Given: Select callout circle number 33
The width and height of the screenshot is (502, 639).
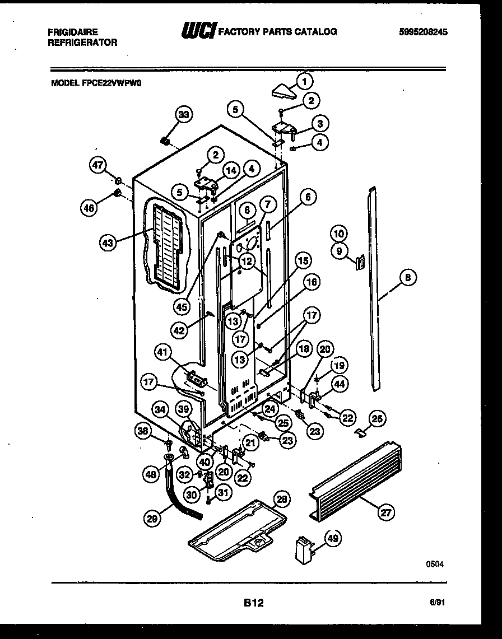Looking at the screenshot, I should [x=184, y=115].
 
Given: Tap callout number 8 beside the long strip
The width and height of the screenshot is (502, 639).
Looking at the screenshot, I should [x=407, y=276].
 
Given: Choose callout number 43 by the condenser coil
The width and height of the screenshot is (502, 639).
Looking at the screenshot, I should [x=108, y=243].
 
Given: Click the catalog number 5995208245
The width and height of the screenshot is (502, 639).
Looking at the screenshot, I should [x=424, y=32].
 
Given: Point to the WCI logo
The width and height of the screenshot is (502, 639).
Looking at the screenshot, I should [x=197, y=31].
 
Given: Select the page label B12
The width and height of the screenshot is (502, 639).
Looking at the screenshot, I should [x=253, y=603].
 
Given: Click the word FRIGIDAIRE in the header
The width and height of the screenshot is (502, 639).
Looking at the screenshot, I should [x=73, y=32].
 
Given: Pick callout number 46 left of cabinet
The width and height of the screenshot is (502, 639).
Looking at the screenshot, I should [x=89, y=208].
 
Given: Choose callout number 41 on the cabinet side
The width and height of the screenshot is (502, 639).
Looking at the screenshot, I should [x=162, y=353].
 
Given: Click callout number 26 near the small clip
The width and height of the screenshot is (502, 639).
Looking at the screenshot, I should [x=378, y=417].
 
